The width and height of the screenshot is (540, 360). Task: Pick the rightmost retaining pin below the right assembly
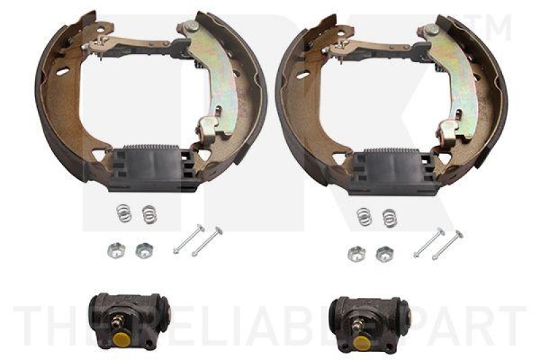click(x=447, y=245)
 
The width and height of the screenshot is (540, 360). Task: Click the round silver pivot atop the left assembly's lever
click(x=192, y=26)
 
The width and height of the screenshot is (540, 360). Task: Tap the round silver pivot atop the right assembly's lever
click(x=432, y=29)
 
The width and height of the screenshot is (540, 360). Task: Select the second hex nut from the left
click(x=142, y=251)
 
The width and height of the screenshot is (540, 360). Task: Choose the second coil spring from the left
click(x=148, y=215)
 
